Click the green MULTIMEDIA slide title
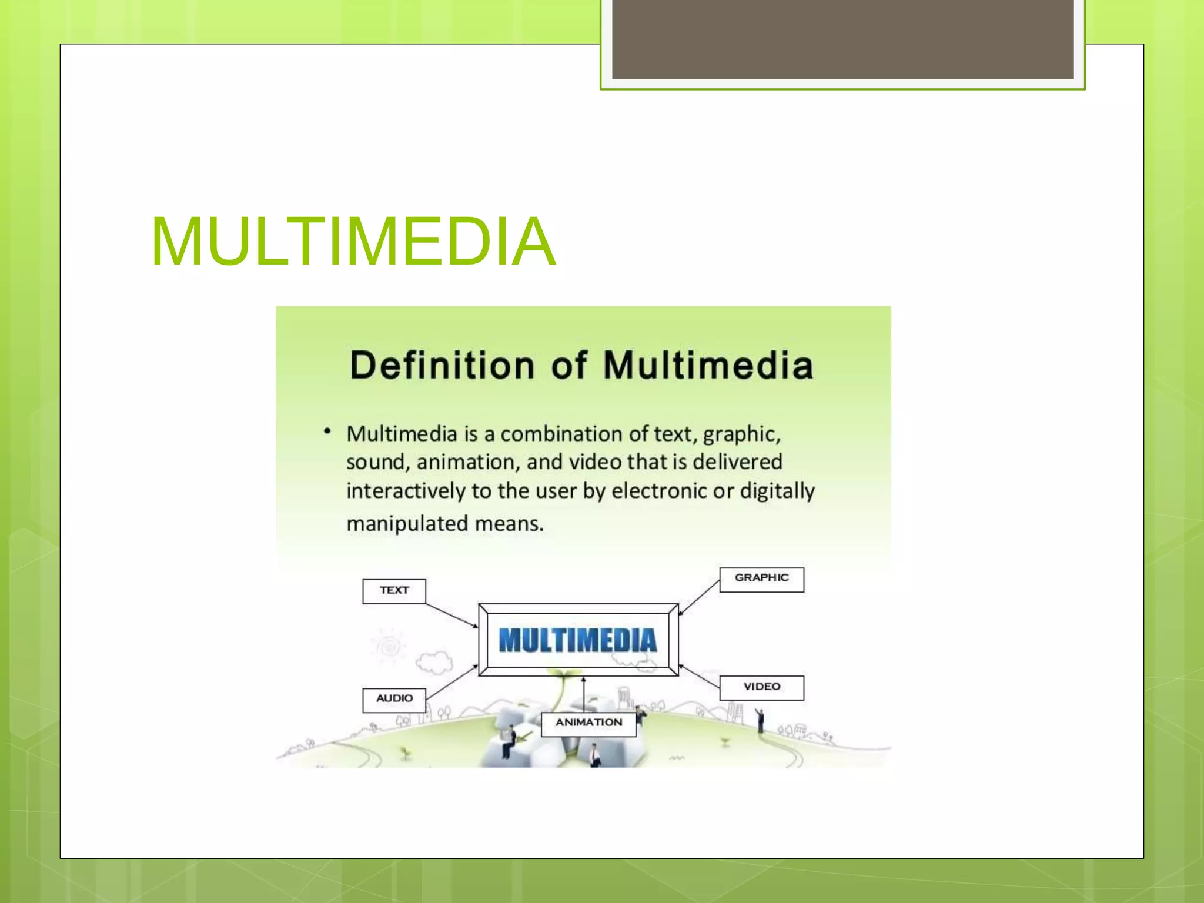(x=353, y=242)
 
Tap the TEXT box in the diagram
(x=394, y=591)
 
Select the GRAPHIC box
(x=761, y=579)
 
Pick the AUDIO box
(x=394, y=700)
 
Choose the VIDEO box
(x=761, y=687)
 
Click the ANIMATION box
(x=588, y=723)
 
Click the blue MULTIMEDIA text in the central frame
(x=577, y=640)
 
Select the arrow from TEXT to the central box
(x=451, y=616)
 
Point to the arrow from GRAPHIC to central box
(x=700, y=597)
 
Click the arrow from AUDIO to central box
(x=451, y=682)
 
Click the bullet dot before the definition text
(x=327, y=432)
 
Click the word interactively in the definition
(x=406, y=491)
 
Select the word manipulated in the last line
(x=407, y=524)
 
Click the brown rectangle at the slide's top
(x=842, y=39)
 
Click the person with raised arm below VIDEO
(x=760, y=721)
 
